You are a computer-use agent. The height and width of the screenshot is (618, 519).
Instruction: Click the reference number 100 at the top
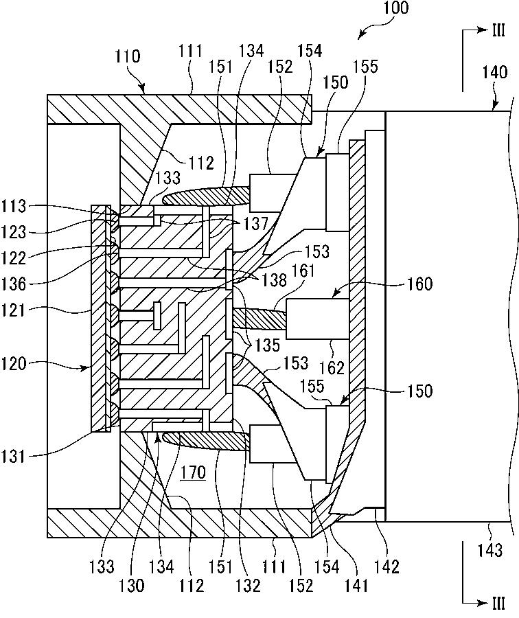point(396,8)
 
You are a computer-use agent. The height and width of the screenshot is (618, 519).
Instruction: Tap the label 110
point(127,56)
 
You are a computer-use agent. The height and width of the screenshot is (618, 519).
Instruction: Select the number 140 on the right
point(494,72)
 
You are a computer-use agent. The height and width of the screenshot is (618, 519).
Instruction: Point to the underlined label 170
point(193,472)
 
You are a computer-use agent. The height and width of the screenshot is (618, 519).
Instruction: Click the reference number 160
point(419,284)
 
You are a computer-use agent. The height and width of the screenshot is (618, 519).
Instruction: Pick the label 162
point(332,368)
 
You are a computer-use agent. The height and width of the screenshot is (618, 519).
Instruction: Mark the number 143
point(490,550)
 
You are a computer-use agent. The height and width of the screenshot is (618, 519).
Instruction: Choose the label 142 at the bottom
point(387,566)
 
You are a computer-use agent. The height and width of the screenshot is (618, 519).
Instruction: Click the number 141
point(356,586)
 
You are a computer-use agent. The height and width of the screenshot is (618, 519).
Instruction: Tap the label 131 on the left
point(14,457)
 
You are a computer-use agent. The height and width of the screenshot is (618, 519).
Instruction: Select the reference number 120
point(14,363)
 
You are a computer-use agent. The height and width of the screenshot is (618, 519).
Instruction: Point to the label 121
point(14,310)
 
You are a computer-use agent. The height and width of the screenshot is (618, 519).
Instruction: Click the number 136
point(14,284)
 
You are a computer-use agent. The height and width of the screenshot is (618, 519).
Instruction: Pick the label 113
point(14,206)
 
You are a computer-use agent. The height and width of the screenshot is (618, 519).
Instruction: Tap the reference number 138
point(274,280)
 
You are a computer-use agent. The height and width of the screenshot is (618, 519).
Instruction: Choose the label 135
point(267,345)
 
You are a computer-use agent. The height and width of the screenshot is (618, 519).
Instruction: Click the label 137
point(255,224)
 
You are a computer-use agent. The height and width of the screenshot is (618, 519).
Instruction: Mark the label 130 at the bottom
point(131,586)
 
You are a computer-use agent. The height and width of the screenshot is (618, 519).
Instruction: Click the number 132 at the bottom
point(248,586)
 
